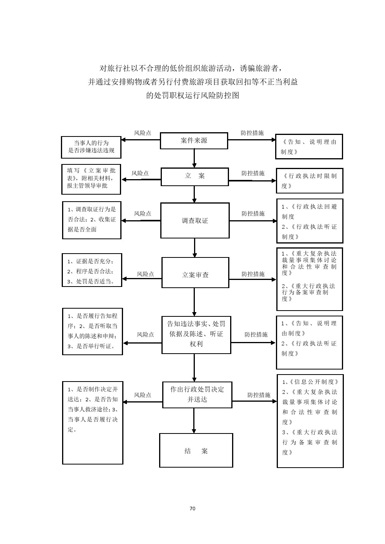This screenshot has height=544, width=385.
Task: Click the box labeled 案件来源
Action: pyautogui.click(x=194, y=141)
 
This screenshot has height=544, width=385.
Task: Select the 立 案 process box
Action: pyautogui.click(x=194, y=176)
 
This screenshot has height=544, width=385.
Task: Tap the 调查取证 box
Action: pyautogui.click(x=195, y=220)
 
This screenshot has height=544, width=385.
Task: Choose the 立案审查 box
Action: pyautogui.click(x=195, y=275)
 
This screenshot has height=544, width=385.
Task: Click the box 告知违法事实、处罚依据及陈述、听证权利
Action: pyautogui.click(x=196, y=334)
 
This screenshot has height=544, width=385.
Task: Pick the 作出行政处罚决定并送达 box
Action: pyautogui.click(x=197, y=394)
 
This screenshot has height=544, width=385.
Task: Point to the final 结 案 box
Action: pyautogui.click(x=196, y=450)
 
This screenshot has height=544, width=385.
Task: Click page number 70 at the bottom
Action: pyautogui.click(x=192, y=508)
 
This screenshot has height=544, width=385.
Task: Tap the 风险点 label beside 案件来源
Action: pyautogui.click(x=142, y=133)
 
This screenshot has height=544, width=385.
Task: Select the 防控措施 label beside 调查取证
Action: pyautogui.click(x=253, y=213)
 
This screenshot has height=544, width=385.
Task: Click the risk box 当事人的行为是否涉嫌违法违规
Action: pyautogui.click(x=91, y=147)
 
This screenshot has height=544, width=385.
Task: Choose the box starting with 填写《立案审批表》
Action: pyautogui.click(x=91, y=180)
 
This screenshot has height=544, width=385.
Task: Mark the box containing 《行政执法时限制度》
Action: pyautogui.click(x=309, y=180)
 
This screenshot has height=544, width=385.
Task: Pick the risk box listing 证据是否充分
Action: pyautogui.click(x=92, y=270)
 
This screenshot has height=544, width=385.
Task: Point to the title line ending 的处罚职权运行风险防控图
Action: pyautogui.click(x=192, y=95)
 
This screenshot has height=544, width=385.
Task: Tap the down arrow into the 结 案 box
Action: pyautogui.click(x=194, y=421)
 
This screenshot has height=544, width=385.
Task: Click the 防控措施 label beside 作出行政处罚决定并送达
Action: pyautogui.click(x=259, y=395)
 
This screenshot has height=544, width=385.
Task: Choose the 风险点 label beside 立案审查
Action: pyautogui.click(x=145, y=274)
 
